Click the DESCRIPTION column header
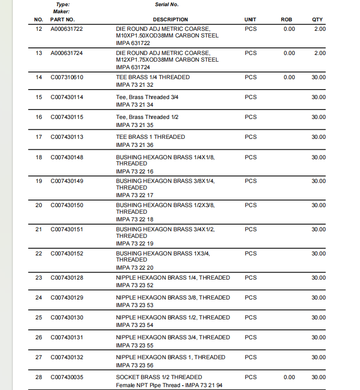170,19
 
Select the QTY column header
317,19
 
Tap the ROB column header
287,19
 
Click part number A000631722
67,29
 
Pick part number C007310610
67,77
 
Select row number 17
39,137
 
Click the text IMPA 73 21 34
135,105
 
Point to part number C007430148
67,157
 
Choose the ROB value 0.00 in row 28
289,377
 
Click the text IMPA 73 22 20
135,267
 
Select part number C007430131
67,337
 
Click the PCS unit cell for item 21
251,229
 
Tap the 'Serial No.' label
167,5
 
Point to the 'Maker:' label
62,11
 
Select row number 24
39,298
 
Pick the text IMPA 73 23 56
135,365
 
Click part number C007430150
67,205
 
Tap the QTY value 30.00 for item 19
318,181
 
